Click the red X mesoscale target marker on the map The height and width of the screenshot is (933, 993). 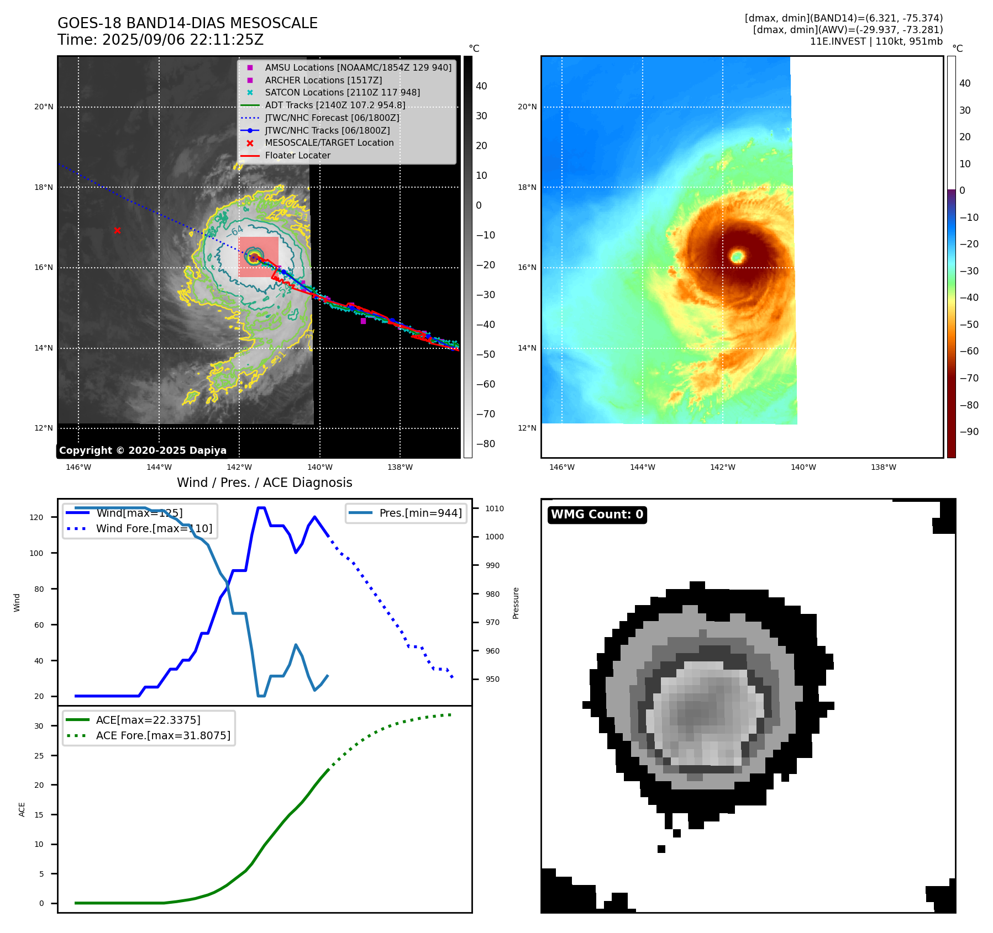click(117, 230)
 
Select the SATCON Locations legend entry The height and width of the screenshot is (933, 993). click(342, 93)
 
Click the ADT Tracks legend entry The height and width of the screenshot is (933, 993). click(335, 105)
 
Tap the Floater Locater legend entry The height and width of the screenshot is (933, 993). click(297, 156)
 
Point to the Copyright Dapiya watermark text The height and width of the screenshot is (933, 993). click(143, 450)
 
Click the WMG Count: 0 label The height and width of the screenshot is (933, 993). click(597, 515)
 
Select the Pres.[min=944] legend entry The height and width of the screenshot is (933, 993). click(420, 513)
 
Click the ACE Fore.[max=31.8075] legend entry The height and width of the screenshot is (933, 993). click(163, 735)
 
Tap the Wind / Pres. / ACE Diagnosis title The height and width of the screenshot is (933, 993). click(264, 483)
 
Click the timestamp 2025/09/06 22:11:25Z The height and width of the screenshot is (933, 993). click(182, 40)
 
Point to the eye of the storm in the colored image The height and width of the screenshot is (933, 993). click(737, 256)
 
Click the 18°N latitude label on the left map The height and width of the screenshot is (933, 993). click(44, 187)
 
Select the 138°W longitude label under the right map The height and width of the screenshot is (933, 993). click(883, 467)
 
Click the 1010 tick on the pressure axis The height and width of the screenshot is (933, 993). click(495, 508)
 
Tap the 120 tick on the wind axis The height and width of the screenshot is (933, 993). click(36, 517)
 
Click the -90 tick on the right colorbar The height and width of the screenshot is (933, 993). click(969, 432)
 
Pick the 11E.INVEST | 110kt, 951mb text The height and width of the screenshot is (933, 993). click(876, 41)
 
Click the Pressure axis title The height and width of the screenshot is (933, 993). click(516, 603)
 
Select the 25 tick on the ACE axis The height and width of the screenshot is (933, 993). click(39, 756)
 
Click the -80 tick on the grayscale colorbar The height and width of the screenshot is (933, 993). click(486, 444)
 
